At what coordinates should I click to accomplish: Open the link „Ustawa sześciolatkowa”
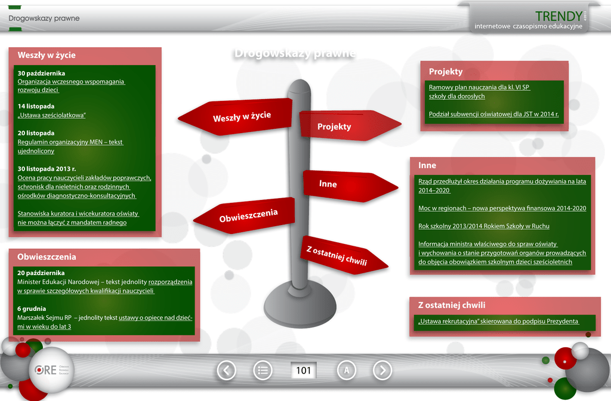click(52, 115)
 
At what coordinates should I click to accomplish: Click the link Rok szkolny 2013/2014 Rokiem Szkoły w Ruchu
click(484, 226)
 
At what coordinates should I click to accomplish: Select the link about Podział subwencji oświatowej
click(493, 114)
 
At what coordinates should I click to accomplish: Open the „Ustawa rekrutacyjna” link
click(498, 321)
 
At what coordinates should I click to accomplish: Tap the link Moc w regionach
click(502, 208)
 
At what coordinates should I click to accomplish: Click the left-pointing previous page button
click(226, 371)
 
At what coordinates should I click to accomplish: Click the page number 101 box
click(304, 371)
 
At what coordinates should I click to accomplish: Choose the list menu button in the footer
click(263, 371)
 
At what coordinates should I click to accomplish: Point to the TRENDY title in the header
click(558, 16)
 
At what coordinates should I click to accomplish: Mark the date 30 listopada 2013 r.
click(47, 169)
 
